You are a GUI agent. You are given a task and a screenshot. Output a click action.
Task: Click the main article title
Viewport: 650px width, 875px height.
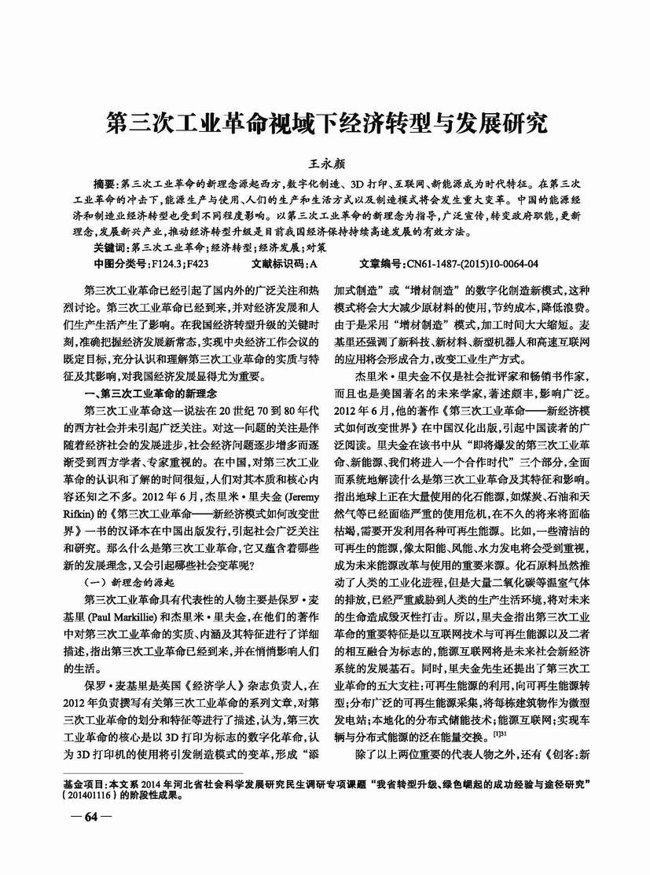point(325,124)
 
